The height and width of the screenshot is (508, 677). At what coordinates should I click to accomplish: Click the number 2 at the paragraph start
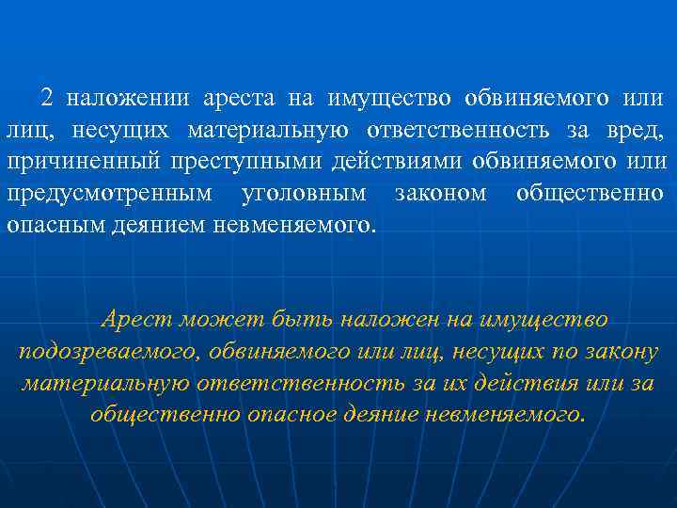(x=46, y=98)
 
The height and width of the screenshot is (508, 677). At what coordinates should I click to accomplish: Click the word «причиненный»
(x=83, y=162)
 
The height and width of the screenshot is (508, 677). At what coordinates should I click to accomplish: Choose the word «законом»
(x=439, y=194)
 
